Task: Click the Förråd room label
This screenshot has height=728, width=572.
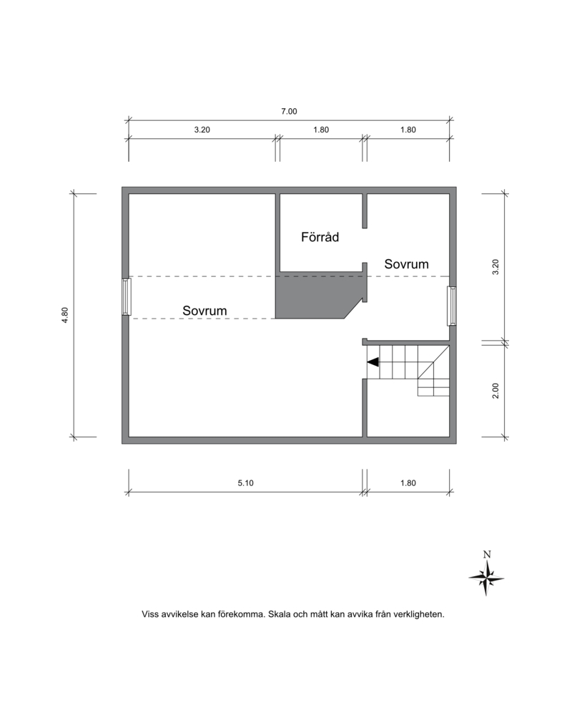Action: (320, 237)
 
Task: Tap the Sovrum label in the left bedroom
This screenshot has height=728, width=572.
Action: (204, 311)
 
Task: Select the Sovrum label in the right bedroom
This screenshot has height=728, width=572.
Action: (406, 264)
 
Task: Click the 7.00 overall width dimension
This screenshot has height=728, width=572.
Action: (289, 112)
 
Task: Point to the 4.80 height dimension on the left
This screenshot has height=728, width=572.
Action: (65, 315)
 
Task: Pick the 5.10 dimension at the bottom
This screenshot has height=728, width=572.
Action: (246, 483)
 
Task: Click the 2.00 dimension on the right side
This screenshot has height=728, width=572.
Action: (495, 390)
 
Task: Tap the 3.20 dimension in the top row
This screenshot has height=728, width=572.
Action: (202, 130)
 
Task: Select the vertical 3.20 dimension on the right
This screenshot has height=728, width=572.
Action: (495, 267)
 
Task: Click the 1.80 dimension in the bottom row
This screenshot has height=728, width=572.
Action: (408, 483)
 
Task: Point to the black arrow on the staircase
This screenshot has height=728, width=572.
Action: (373, 361)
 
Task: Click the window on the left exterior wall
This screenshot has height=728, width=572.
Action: (126, 297)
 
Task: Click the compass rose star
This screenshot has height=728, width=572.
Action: (486, 578)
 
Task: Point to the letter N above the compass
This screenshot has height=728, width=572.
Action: (487, 554)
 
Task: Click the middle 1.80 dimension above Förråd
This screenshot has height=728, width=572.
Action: (321, 130)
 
